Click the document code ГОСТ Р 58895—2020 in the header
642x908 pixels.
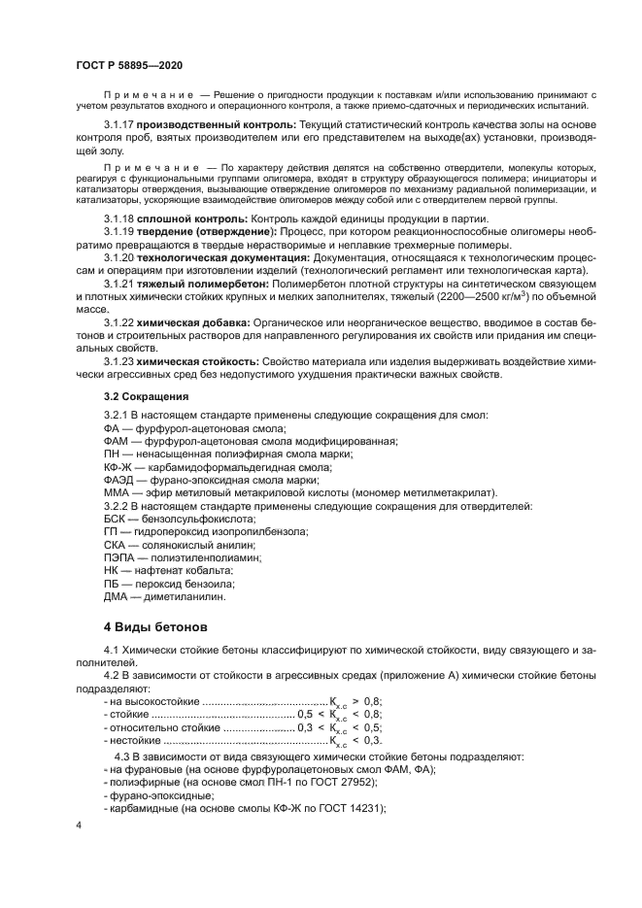(128, 64)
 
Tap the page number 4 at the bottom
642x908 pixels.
(79, 824)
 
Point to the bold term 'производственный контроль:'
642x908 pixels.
(202, 125)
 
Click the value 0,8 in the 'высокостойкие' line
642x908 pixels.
(371, 699)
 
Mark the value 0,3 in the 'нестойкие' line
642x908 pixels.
(371, 740)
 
